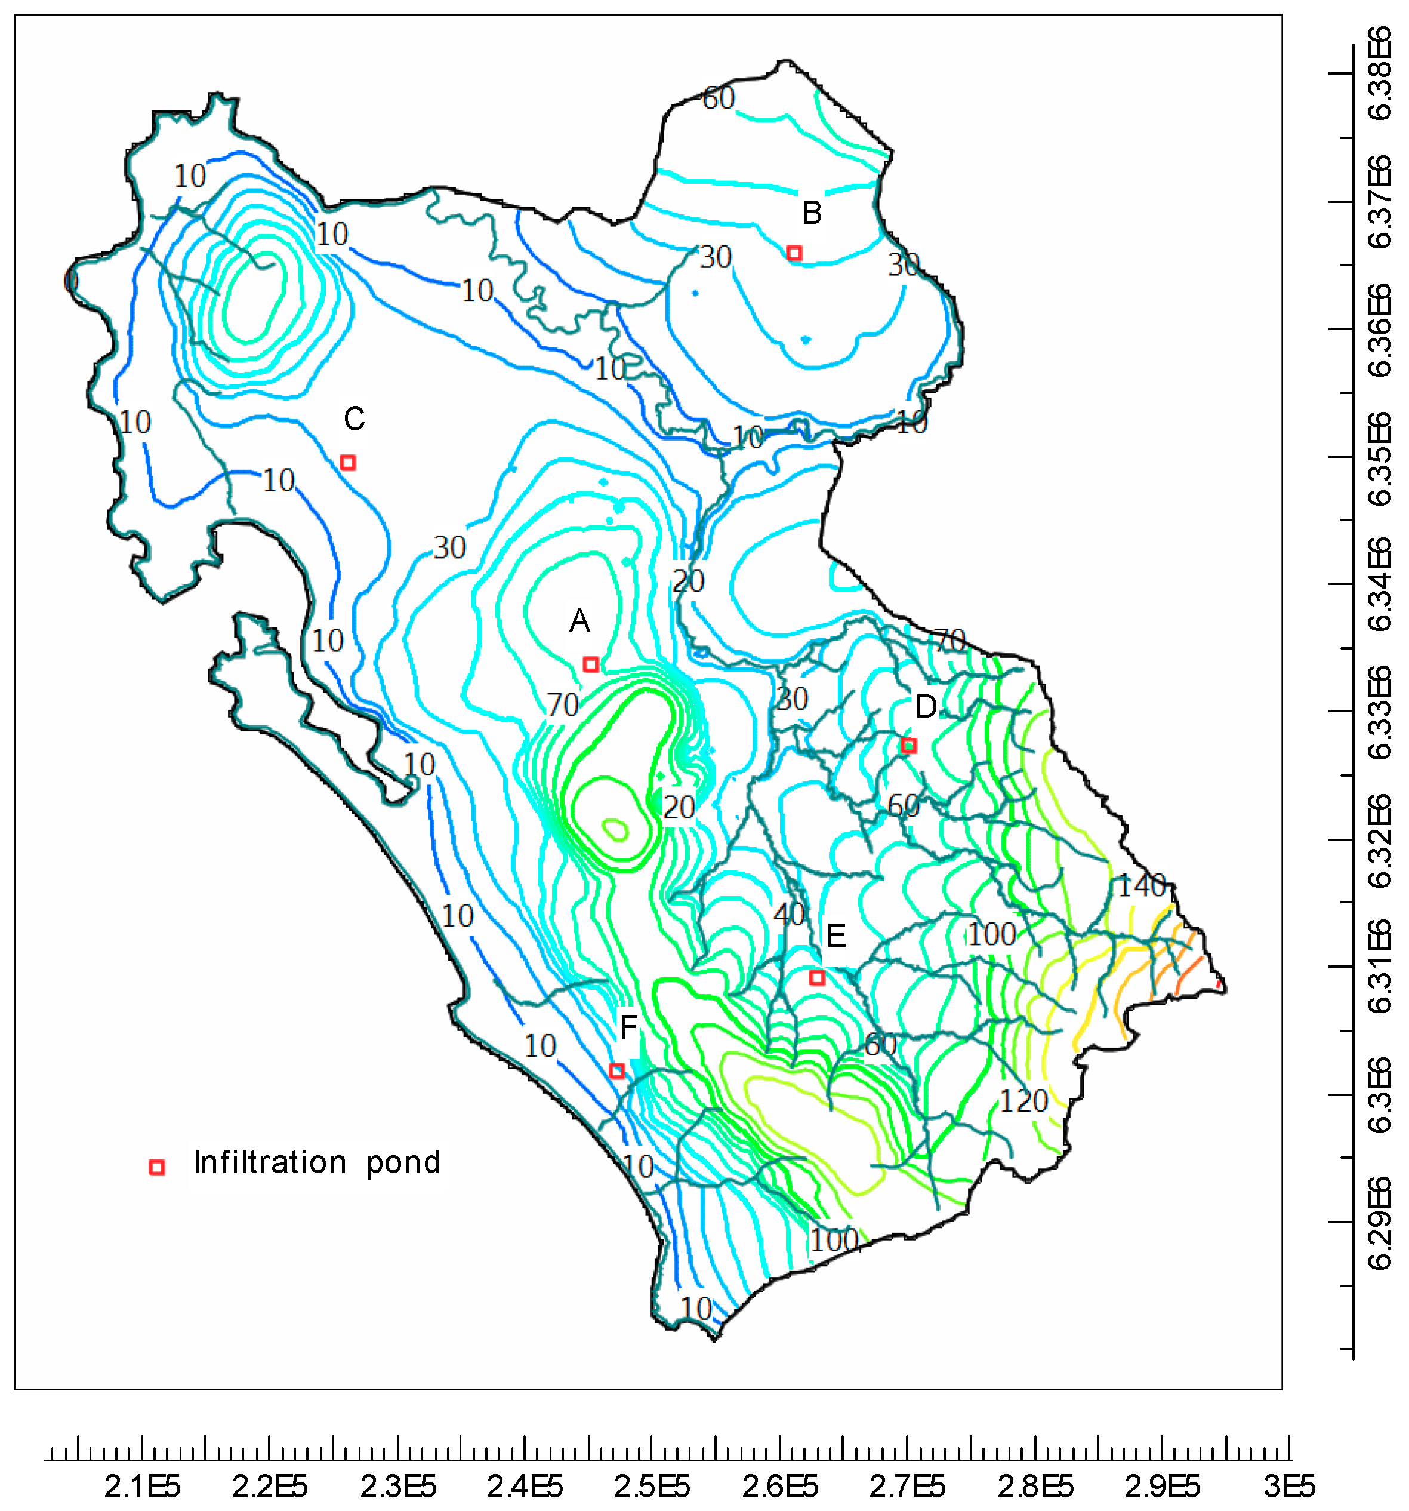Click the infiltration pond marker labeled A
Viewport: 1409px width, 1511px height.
pyautogui.click(x=590, y=664)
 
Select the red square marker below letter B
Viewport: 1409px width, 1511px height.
pyautogui.click(x=793, y=253)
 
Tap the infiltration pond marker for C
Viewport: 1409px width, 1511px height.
pyautogui.click(x=348, y=462)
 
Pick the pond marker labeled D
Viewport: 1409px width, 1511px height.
pyautogui.click(x=908, y=745)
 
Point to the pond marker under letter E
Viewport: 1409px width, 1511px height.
pyautogui.click(x=817, y=977)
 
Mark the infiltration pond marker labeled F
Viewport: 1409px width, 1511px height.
pyautogui.click(x=617, y=1071)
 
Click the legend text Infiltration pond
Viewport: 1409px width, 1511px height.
pyautogui.click(x=317, y=1162)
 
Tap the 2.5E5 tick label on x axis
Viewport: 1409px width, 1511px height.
pyautogui.click(x=652, y=1486)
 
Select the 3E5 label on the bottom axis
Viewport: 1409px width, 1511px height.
pyautogui.click(x=1289, y=1486)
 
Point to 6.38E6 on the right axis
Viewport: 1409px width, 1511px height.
pyautogui.click(x=1379, y=73)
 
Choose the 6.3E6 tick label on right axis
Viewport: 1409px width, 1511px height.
pyautogui.click(x=1379, y=1094)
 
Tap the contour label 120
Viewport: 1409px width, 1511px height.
pyautogui.click(x=1023, y=1101)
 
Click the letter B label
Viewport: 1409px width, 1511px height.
pyautogui.click(x=812, y=213)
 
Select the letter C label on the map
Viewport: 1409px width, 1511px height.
pyautogui.click(x=354, y=418)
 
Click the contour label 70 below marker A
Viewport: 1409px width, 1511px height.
pyautogui.click(x=562, y=705)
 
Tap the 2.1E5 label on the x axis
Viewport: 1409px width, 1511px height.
pyautogui.click(x=142, y=1486)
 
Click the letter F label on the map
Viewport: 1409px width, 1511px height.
pyautogui.click(x=628, y=1027)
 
